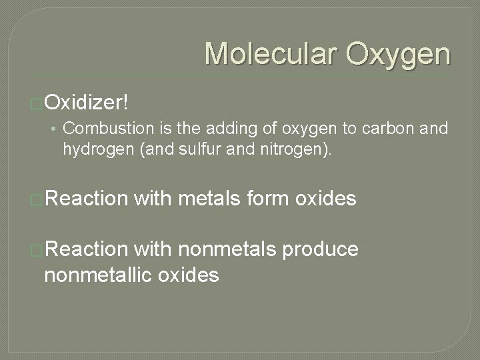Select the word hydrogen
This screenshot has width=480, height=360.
95,147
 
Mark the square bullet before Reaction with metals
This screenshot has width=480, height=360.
37,199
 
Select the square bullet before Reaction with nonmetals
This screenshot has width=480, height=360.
37,250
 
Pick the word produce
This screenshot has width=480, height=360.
321,251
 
